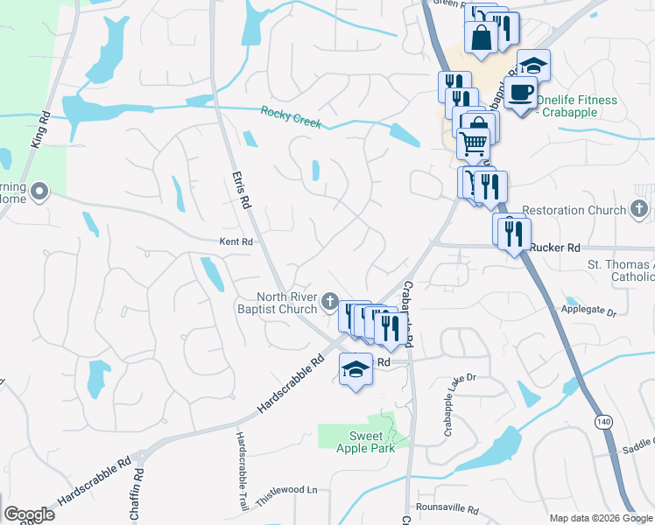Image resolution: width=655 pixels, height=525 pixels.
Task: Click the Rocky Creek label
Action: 291,117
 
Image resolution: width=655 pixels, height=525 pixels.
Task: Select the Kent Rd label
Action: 236,241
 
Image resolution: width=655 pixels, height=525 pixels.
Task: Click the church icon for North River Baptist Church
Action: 329,302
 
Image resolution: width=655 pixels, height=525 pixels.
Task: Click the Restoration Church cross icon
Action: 640,210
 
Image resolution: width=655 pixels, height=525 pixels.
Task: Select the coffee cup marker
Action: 522,92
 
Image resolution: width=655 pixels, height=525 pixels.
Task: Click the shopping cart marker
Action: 474,142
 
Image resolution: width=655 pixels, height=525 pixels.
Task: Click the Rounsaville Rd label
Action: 447,509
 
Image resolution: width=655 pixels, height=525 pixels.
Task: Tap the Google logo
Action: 29,514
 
